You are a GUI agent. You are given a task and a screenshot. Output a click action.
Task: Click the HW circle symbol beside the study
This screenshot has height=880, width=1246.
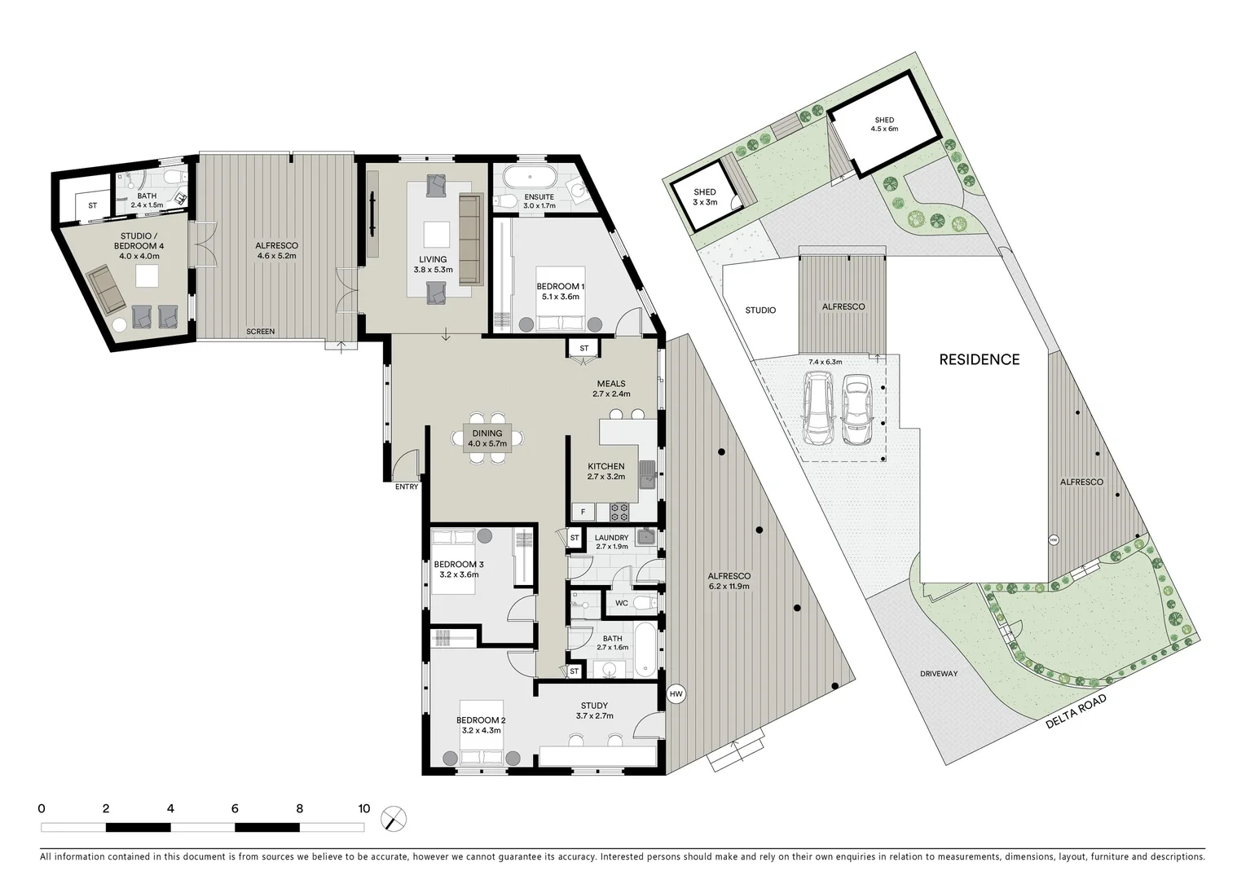pos(676,694)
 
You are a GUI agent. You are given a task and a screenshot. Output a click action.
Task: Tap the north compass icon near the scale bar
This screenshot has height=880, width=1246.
pos(394,817)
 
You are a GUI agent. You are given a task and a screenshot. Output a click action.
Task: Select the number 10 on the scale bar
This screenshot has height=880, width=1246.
pos(363,809)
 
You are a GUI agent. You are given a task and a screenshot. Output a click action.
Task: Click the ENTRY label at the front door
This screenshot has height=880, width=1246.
pos(407,487)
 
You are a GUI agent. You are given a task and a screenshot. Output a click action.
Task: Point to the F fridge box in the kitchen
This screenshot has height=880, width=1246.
pos(583,512)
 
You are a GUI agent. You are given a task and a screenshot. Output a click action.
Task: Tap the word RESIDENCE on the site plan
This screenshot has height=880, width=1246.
pos(979,359)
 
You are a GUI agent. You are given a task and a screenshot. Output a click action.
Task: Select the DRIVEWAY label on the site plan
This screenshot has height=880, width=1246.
pos(939,674)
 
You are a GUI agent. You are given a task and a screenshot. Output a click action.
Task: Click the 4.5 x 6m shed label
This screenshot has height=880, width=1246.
pos(884,125)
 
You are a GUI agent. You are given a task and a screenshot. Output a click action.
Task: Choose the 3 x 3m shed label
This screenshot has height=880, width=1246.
pos(705,197)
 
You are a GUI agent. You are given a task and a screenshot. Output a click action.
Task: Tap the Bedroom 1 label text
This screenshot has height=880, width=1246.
pos(560,291)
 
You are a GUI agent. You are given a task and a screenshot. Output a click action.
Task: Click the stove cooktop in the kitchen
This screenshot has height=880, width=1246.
pos(619,512)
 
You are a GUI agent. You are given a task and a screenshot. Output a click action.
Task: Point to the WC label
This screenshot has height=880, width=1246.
pos(621,604)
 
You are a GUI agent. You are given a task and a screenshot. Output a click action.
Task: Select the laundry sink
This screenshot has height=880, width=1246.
pos(645,536)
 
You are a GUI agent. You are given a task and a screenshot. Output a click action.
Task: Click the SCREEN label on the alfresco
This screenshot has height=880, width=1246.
pos(261,332)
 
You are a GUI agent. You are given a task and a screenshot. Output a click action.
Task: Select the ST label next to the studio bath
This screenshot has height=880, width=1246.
pos(92,206)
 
